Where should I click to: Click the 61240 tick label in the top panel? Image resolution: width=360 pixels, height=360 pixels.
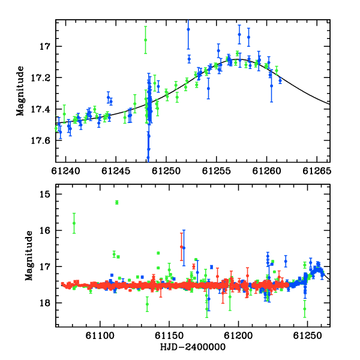point(65,171)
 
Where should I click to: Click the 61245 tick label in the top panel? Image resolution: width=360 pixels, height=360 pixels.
point(116,171)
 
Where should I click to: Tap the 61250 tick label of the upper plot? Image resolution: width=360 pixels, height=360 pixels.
point(166,171)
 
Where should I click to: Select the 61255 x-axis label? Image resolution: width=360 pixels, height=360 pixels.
point(216,171)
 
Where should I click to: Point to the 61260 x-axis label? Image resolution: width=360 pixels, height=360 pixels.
point(266,171)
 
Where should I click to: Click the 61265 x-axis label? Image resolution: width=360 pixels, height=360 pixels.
point(317,171)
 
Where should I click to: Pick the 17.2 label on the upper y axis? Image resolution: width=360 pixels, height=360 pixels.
point(40,78)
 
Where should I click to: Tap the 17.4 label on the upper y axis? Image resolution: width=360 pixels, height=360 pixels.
point(40,109)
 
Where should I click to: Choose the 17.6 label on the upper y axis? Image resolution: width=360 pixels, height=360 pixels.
point(40,140)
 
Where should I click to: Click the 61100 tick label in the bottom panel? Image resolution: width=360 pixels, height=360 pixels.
point(100,336)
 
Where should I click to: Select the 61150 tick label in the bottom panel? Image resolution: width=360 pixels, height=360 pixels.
point(169,336)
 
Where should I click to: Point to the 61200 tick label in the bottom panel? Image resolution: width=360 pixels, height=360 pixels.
point(238,336)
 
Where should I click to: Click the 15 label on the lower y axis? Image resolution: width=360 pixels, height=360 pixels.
point(44,194)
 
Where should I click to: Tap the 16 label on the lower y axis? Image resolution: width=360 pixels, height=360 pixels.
point(44,230)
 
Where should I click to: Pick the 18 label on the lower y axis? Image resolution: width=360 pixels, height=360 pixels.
point(44,303)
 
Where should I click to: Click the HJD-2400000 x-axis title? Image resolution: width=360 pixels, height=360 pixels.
point(193,347)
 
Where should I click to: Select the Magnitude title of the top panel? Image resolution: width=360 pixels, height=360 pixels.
point(20,91)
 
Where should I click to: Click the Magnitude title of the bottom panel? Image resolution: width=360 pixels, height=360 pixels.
point(29,256)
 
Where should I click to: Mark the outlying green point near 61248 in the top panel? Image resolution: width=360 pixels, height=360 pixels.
point(145,40)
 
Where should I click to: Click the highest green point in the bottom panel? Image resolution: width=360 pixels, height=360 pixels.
point(117,202)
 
